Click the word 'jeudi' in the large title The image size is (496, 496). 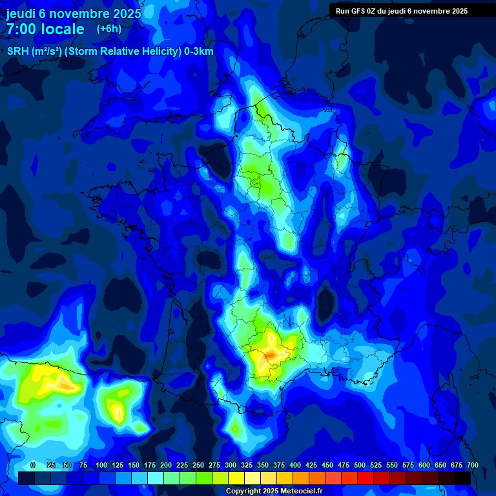tap(21, 12)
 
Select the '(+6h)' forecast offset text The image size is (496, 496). tap(108, 28)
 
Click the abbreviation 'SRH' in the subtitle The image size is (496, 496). tap(17, 52)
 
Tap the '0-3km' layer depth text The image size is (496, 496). tap(198, 52)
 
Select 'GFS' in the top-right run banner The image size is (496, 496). tap(357, 11)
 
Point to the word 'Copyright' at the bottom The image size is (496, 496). tap(243, 491)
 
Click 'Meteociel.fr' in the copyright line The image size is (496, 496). tap(300, 491)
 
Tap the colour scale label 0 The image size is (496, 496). tap(33, 465)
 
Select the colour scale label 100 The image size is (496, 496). tap(101, 465)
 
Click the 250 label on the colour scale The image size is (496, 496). tap(198, 465)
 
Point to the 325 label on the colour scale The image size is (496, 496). tap(247, 465)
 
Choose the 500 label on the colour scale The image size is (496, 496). tap(360, 465)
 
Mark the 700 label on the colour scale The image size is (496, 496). tap(473, 465)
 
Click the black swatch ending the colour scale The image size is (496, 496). tap(462, 478)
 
